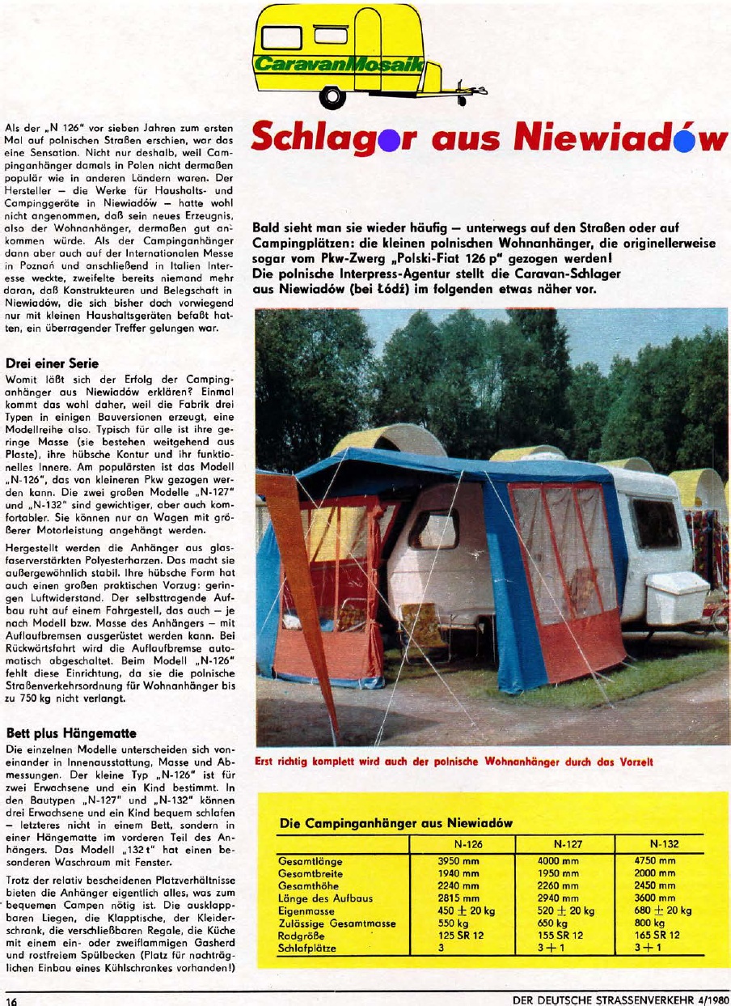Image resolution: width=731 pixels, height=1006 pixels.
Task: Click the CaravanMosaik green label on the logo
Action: [339, 64]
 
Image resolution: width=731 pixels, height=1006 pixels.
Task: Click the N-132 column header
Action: [665, 843]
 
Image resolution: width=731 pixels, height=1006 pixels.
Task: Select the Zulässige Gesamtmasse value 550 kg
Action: [452, 923]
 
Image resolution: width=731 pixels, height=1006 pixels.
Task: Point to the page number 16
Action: [11, 1000]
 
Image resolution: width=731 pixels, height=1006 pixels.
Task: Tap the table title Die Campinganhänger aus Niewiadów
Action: [395, 823]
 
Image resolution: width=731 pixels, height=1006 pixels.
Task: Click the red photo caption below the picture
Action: [454, 761]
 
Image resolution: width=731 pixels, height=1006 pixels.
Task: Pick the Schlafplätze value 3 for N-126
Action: [441, 947]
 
